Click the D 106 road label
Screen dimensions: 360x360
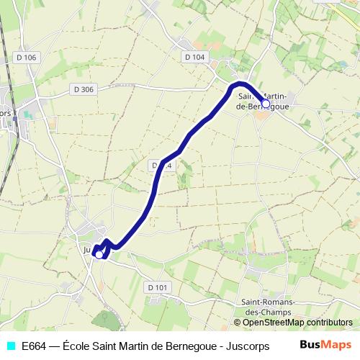(26, 57)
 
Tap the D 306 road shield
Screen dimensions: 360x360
(84, 89)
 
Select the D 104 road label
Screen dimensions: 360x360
(194, 57)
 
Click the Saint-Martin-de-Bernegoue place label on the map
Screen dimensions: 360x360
(263, 101)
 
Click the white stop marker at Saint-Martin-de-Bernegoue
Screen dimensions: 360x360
(266, 104)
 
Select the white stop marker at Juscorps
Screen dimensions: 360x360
(99, 253)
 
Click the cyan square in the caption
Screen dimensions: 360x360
(10, 346)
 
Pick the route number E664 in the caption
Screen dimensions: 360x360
(34, 346)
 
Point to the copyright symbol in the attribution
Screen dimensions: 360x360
(238, 323)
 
